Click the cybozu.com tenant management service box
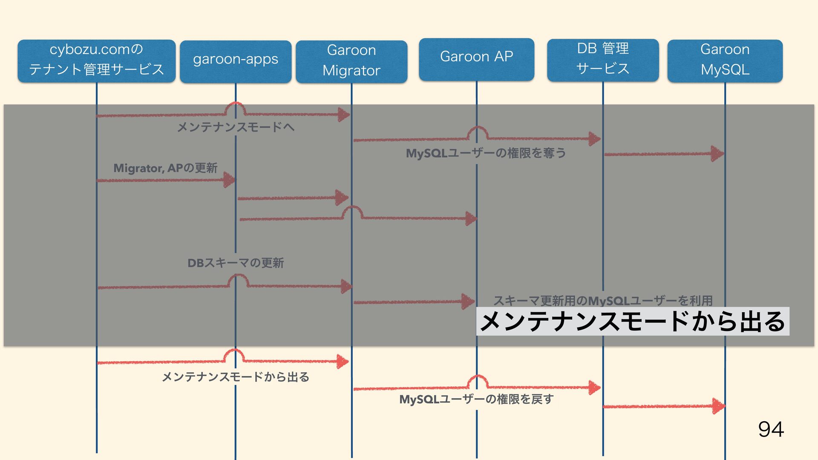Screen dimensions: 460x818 96,60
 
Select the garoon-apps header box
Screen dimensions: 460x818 235,61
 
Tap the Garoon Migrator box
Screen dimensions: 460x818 351,61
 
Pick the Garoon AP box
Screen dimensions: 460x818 476,59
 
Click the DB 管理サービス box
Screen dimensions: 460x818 602,60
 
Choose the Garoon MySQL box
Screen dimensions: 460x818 725,60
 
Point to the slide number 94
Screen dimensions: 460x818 771,429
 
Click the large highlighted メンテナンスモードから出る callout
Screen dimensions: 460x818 632,321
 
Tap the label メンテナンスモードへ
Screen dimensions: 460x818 236,127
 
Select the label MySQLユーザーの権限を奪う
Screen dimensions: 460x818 486,153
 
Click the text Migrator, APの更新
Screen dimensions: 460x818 165,168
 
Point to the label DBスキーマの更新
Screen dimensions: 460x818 236,263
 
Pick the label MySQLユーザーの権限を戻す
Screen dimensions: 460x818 476,399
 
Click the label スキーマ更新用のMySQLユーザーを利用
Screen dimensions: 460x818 602,301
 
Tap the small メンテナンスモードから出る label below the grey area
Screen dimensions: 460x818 236,377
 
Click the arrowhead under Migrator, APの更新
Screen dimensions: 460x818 229,180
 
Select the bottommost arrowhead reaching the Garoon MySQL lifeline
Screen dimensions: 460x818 718,406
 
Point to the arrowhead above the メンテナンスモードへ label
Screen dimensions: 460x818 343,114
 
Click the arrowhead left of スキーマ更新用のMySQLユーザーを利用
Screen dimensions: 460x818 468,301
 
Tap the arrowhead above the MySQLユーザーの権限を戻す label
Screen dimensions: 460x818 594,387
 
